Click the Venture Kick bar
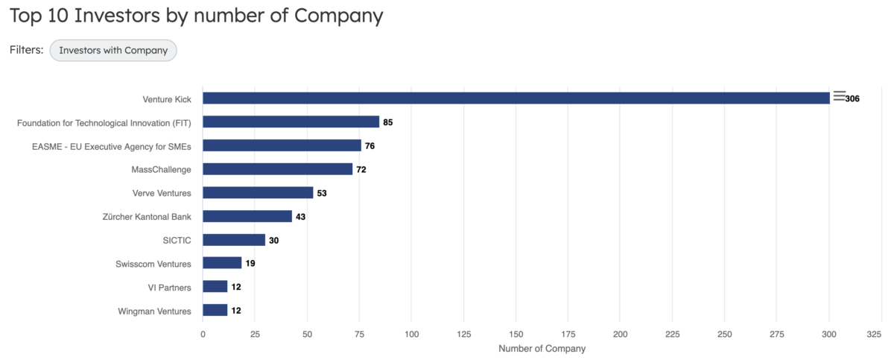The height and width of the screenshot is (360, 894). pos(516,98)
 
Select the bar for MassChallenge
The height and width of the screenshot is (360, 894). pos(277,169)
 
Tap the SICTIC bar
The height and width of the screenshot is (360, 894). pos(234,240)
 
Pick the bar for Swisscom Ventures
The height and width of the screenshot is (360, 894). pos(222,263)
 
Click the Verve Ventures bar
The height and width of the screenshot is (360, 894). pos(258,193)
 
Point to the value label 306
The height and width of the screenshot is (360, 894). pos(852,99)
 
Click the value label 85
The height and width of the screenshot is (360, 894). pos(387,122)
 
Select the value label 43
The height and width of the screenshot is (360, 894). pos(301,217)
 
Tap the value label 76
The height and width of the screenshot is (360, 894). pos(370,146)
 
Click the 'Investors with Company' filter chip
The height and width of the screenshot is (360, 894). pos(113,50)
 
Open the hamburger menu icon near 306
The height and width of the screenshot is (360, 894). pos(840,95)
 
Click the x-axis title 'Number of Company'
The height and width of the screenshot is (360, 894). pos(542,349)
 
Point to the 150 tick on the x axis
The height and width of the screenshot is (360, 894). pos(516,335)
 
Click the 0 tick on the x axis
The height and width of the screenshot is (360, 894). pos(203,335)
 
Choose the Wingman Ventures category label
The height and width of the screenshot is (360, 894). pos(154,311)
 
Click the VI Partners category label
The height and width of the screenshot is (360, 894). pos(169,287)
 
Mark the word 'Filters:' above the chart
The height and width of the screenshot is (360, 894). pos(26,50)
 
